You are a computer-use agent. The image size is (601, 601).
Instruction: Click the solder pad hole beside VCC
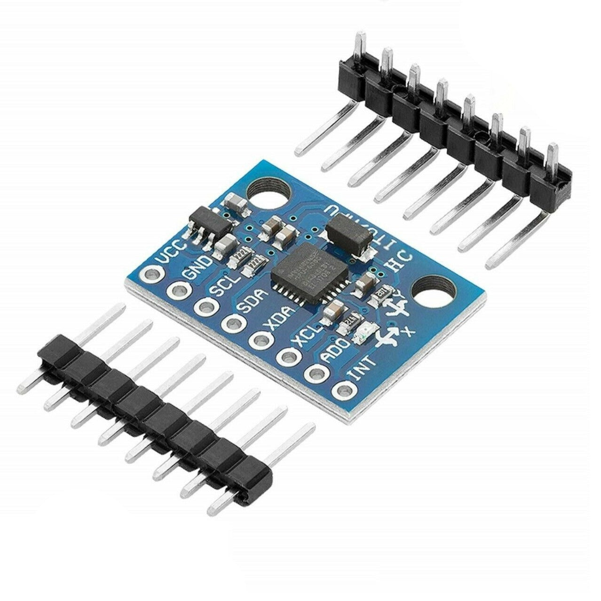click(152, 273)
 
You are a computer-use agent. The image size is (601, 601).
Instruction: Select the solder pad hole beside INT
click(344, 390)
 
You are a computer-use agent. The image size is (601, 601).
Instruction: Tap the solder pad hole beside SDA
click(231, 322)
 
